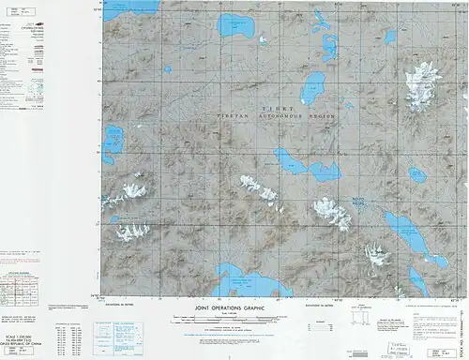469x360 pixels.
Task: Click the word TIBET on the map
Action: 278,109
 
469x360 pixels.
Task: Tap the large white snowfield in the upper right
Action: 419,83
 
